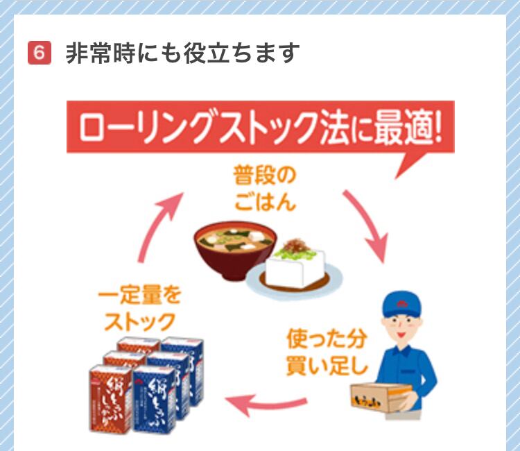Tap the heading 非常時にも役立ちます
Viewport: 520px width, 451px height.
[x=182, y=53]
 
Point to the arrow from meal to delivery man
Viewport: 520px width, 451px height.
[x=366, y=226]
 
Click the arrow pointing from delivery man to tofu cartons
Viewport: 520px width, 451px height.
[x=267, y=404]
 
